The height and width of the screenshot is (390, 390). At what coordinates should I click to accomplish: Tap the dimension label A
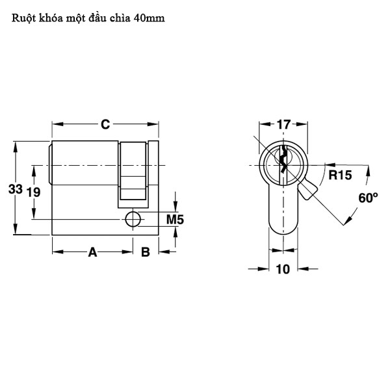pyautogui.click(x=92, y=252)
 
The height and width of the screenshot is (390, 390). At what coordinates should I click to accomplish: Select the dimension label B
pyautogui.click(x=146, y=252)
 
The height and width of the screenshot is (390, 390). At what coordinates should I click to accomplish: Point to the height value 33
pyautogui.click(x=16, y=189)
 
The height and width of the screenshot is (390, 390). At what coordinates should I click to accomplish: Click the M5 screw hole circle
pyautogui.click(x=134, y=219)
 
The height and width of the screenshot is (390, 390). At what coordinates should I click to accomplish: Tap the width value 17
pyautogui.click(x=283, y=125)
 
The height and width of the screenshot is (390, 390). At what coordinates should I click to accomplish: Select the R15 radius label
pyautogui.click(x=339, y=175)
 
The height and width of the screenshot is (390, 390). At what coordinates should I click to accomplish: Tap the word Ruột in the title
pyautogui.click(x=23, y=19)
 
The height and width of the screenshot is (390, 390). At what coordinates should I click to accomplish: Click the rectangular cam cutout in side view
pyautogui.click(x=133, y=170)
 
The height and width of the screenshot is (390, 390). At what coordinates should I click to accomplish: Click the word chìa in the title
pyautogui.click(x=118, y=19)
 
